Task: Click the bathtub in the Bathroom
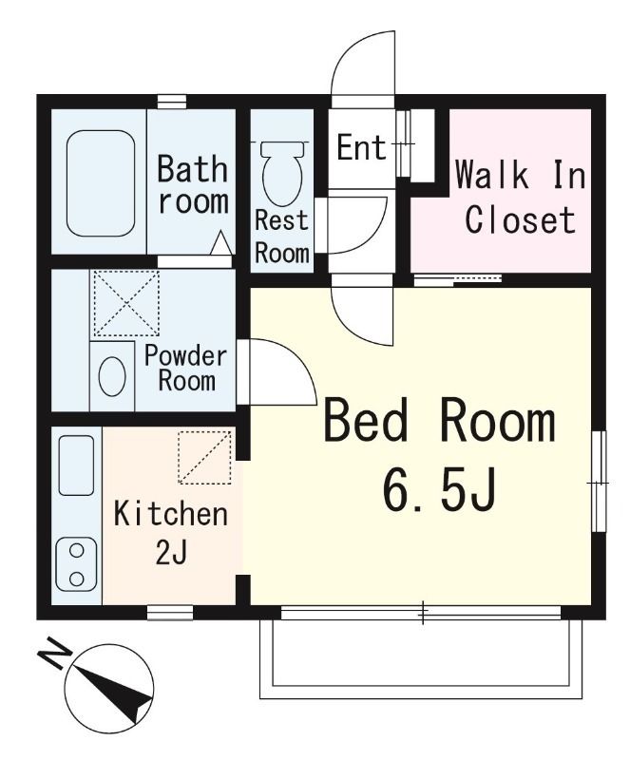(101, 183)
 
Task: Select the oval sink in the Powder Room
(112, 376)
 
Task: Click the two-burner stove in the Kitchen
(76, 564)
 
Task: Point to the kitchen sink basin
(76, 465)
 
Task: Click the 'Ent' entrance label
(361, 147)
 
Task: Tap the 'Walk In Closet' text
(521, 198)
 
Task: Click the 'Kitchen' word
(171, 514)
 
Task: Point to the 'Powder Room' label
(186, 369)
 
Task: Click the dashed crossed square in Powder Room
(126, 303)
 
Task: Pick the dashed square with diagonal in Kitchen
(204, 457)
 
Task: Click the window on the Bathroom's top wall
(172, 102)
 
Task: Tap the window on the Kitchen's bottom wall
(170, 612)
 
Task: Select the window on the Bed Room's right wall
(599, 482)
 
